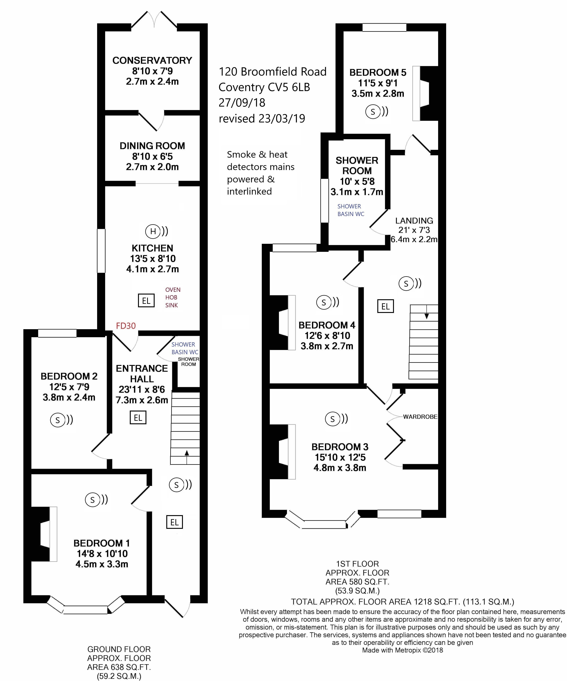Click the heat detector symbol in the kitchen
[157, 231]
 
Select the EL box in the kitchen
[146, 301]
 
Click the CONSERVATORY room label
[152, 60]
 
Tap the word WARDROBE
[420, 417]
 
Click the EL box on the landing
[385, 306]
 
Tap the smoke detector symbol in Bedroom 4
[328, 302]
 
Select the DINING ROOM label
[152, 146]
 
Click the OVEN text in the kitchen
[173, 290]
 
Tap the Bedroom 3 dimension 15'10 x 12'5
[340, 457]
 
